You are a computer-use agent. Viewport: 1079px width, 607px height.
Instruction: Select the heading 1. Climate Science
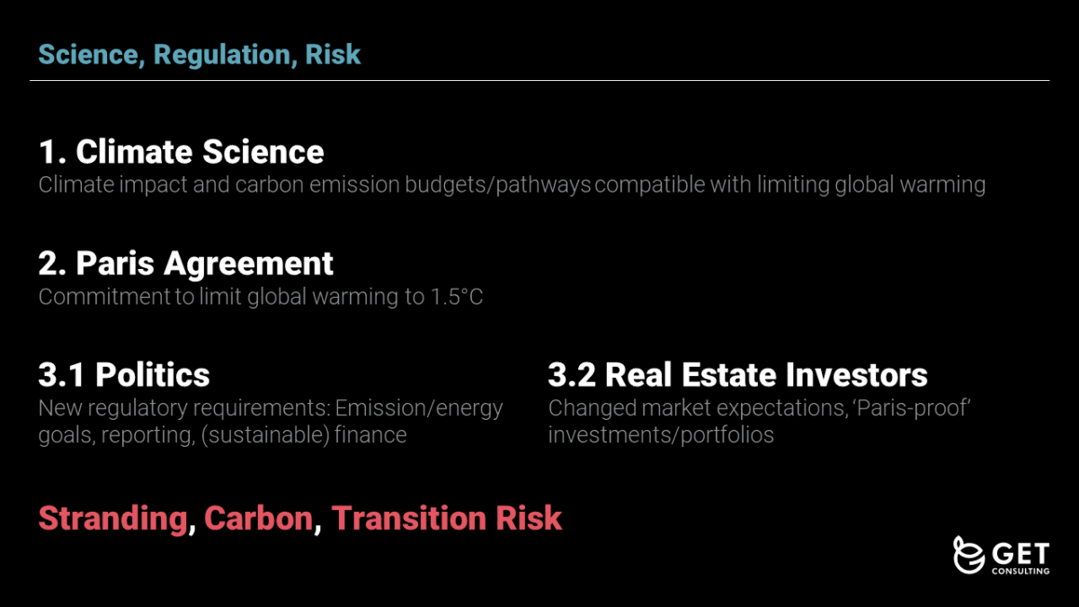[x=181, y=152]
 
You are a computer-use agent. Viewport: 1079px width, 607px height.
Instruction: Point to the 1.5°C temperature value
[x=457, y=297]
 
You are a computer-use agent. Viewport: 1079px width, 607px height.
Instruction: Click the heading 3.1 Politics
[x=124, y=375]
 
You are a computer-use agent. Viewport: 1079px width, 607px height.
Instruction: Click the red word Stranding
[x=112, y=518]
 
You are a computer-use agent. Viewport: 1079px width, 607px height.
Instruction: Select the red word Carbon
[x=259, y=518]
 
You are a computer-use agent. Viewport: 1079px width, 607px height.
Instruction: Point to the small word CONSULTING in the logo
[x=1021, y=570]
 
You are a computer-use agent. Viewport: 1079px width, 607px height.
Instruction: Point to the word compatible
[x=650, y=185]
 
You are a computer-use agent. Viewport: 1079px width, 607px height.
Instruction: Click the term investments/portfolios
[x=661, y=435]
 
